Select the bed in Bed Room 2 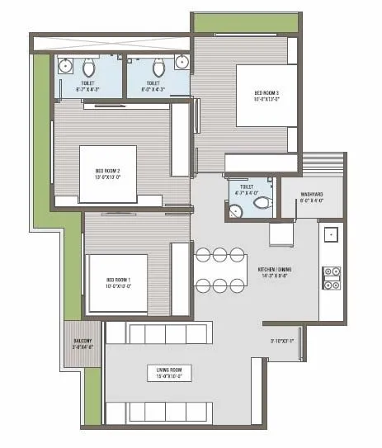108,174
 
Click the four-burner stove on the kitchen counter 332,278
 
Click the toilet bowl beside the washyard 262,201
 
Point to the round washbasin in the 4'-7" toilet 236,211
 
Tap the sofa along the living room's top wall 167,333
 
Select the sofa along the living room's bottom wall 167,411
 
